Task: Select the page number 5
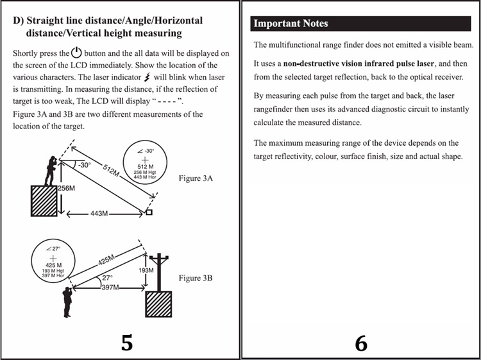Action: click(x=127, y=343)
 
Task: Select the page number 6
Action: click(x=361, y=343)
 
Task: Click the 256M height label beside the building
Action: click(x=67, y=189)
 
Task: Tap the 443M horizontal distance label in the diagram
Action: click(x=103, y=212)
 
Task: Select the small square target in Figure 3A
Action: click(x=149, y=212)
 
